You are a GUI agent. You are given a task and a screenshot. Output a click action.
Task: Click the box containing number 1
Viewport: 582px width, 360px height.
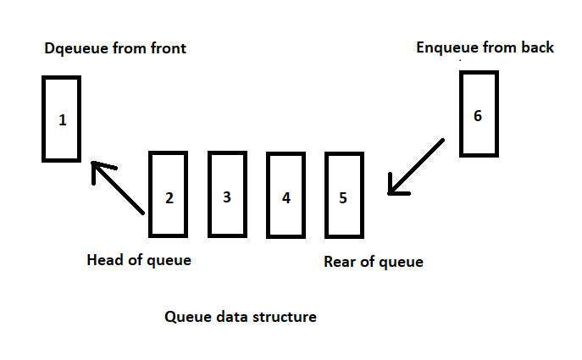(x=62, y=119)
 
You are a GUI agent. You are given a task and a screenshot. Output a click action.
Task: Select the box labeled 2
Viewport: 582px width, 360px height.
(x=168, y=193)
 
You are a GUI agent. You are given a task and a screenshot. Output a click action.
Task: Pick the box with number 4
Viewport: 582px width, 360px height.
(x=285, y=194)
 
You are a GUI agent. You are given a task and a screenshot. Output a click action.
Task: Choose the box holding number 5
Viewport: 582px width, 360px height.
(x=343, y=194)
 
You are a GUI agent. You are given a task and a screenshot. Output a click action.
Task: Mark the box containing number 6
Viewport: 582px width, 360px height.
(x=478, y=114)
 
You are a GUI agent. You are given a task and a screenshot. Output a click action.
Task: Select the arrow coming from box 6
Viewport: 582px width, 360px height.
(x=415, y=168)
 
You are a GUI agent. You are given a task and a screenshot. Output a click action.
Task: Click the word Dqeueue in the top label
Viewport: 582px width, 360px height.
(x=75, y=48)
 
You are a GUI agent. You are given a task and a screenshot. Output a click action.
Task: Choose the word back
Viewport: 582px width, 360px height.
(x=536, y=47)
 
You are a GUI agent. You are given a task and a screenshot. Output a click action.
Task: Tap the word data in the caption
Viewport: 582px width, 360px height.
(x=227, y=318)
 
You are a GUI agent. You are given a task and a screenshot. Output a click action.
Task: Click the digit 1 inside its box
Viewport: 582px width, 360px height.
(x=62, y=120)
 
